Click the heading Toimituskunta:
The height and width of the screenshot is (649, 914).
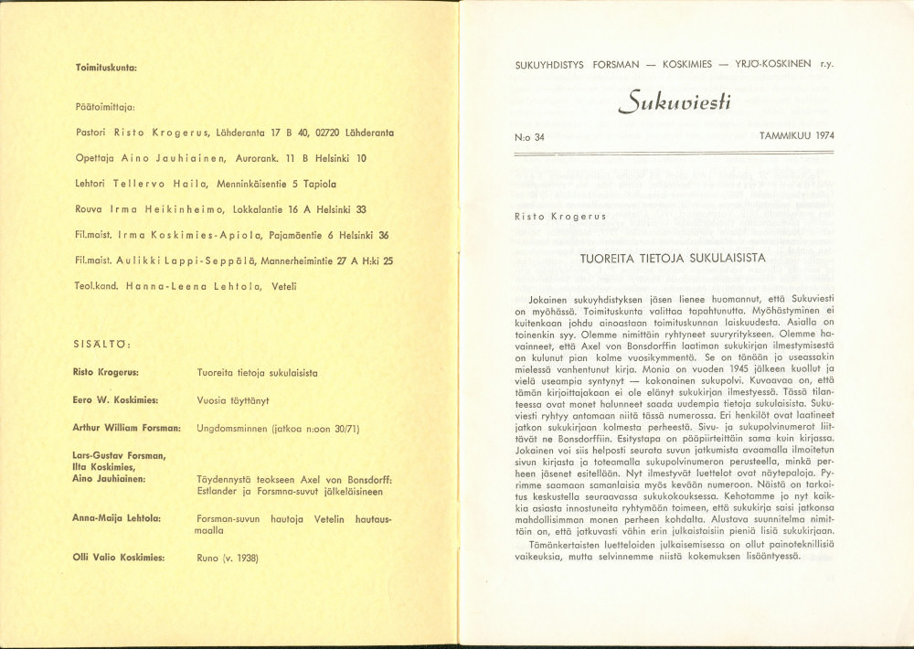point(106,69)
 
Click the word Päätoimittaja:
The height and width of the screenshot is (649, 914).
point(104,107)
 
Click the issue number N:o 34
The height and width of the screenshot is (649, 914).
point(529,136)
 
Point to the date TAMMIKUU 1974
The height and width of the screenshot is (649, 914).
point(796,136)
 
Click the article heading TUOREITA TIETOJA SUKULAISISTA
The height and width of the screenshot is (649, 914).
point(673,258)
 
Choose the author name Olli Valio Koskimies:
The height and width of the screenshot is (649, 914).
point(119,557)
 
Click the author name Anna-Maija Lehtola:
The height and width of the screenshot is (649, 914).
point(117,518)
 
